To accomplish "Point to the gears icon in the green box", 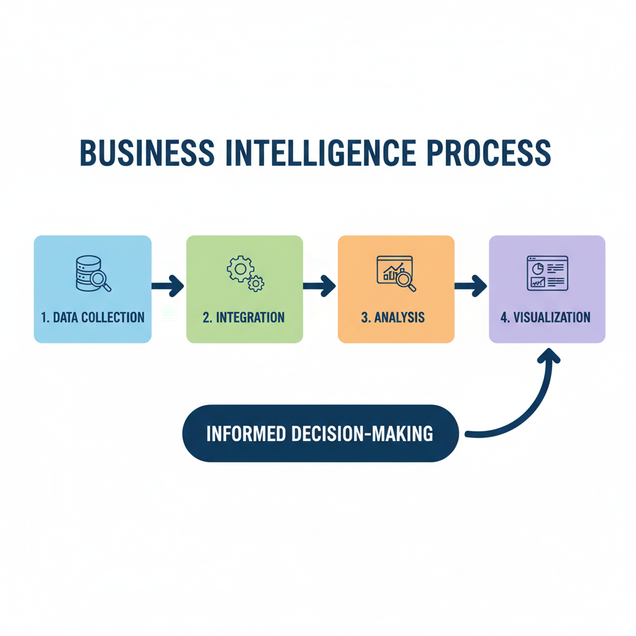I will tap(245, 274).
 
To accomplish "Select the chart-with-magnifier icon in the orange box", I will tap(396, 273).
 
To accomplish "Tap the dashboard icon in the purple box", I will tap(547, 273).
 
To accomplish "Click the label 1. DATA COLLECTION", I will tap(93, 317).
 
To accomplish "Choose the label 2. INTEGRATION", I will tap(244, 317).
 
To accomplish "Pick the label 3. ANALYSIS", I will tap(393, 317).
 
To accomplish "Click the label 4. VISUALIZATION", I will tap(545, 317).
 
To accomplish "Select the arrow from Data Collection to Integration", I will tap(168, 286).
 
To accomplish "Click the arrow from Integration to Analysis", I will tap(320, 286).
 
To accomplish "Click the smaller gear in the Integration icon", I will tap(255, 284).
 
